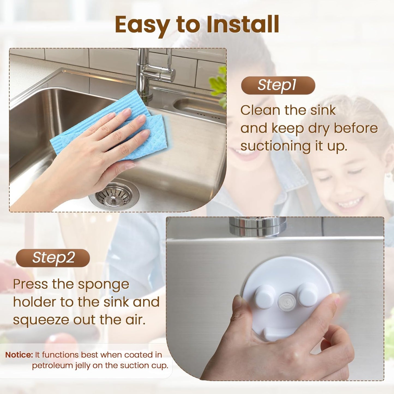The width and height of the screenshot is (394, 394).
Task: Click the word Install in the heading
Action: (243, 25)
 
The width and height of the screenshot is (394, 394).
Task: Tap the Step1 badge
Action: (278, 85)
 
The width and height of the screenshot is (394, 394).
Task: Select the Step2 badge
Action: (53, 258)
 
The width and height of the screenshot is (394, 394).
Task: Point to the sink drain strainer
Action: (114, 195)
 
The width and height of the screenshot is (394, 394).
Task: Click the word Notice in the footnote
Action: (19, 355)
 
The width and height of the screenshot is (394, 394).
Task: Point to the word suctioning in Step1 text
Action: (275, 146)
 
